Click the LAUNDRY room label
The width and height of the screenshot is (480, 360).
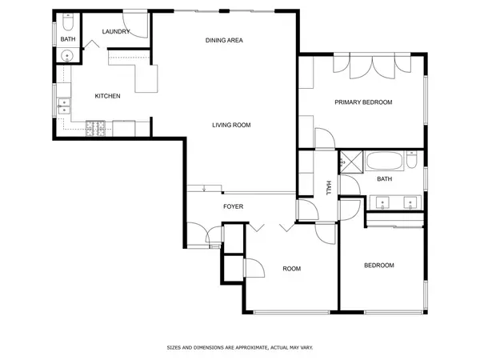(116, 31)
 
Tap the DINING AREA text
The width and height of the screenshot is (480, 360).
(224, 40)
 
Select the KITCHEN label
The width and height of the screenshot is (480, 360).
(107, 96)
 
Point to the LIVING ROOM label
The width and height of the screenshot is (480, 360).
(231, 125)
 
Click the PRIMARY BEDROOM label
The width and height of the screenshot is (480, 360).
(363, 102)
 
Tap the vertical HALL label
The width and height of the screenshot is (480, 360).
(329, 188)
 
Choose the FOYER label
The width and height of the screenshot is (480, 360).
(234, 206)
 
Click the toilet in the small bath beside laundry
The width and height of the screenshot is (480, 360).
(68, 22)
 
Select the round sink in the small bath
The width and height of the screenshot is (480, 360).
(67, 56)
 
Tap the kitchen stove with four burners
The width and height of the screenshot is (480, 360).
(95, 129)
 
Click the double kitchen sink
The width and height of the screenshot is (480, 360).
(64, 106)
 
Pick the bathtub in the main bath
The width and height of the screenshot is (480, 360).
(385, 161)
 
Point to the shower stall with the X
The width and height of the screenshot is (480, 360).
(352, 162)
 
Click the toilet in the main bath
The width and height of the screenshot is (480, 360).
(412, 160)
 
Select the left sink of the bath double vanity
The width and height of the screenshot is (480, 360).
(382, 202)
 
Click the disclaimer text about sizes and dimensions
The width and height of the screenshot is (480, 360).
(240, 347)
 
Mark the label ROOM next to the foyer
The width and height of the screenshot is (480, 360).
(292, 269)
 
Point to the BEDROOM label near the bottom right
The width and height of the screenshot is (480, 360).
(379, 266)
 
